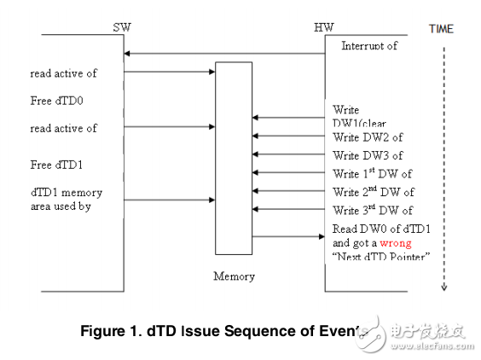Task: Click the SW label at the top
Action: click(x=122, y=27)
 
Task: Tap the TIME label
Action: click(x=441, y=28)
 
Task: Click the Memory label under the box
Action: click(x=233, y=276)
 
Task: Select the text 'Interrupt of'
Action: click(x=369, y=45)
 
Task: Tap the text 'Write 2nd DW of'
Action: click(x=374, y=192)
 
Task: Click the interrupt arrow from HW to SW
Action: click(x=225, y=55)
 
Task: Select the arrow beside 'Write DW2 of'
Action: click(x=289, y=136)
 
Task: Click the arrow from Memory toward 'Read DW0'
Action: click(x=289, y=236)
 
